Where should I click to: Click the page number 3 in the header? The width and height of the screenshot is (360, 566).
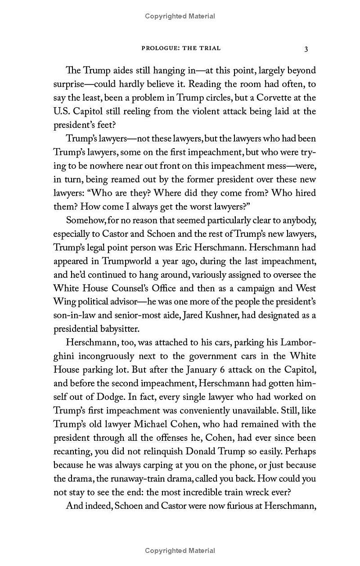(x=306, y=49)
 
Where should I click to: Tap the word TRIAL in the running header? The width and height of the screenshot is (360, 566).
(x=210, y=48)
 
